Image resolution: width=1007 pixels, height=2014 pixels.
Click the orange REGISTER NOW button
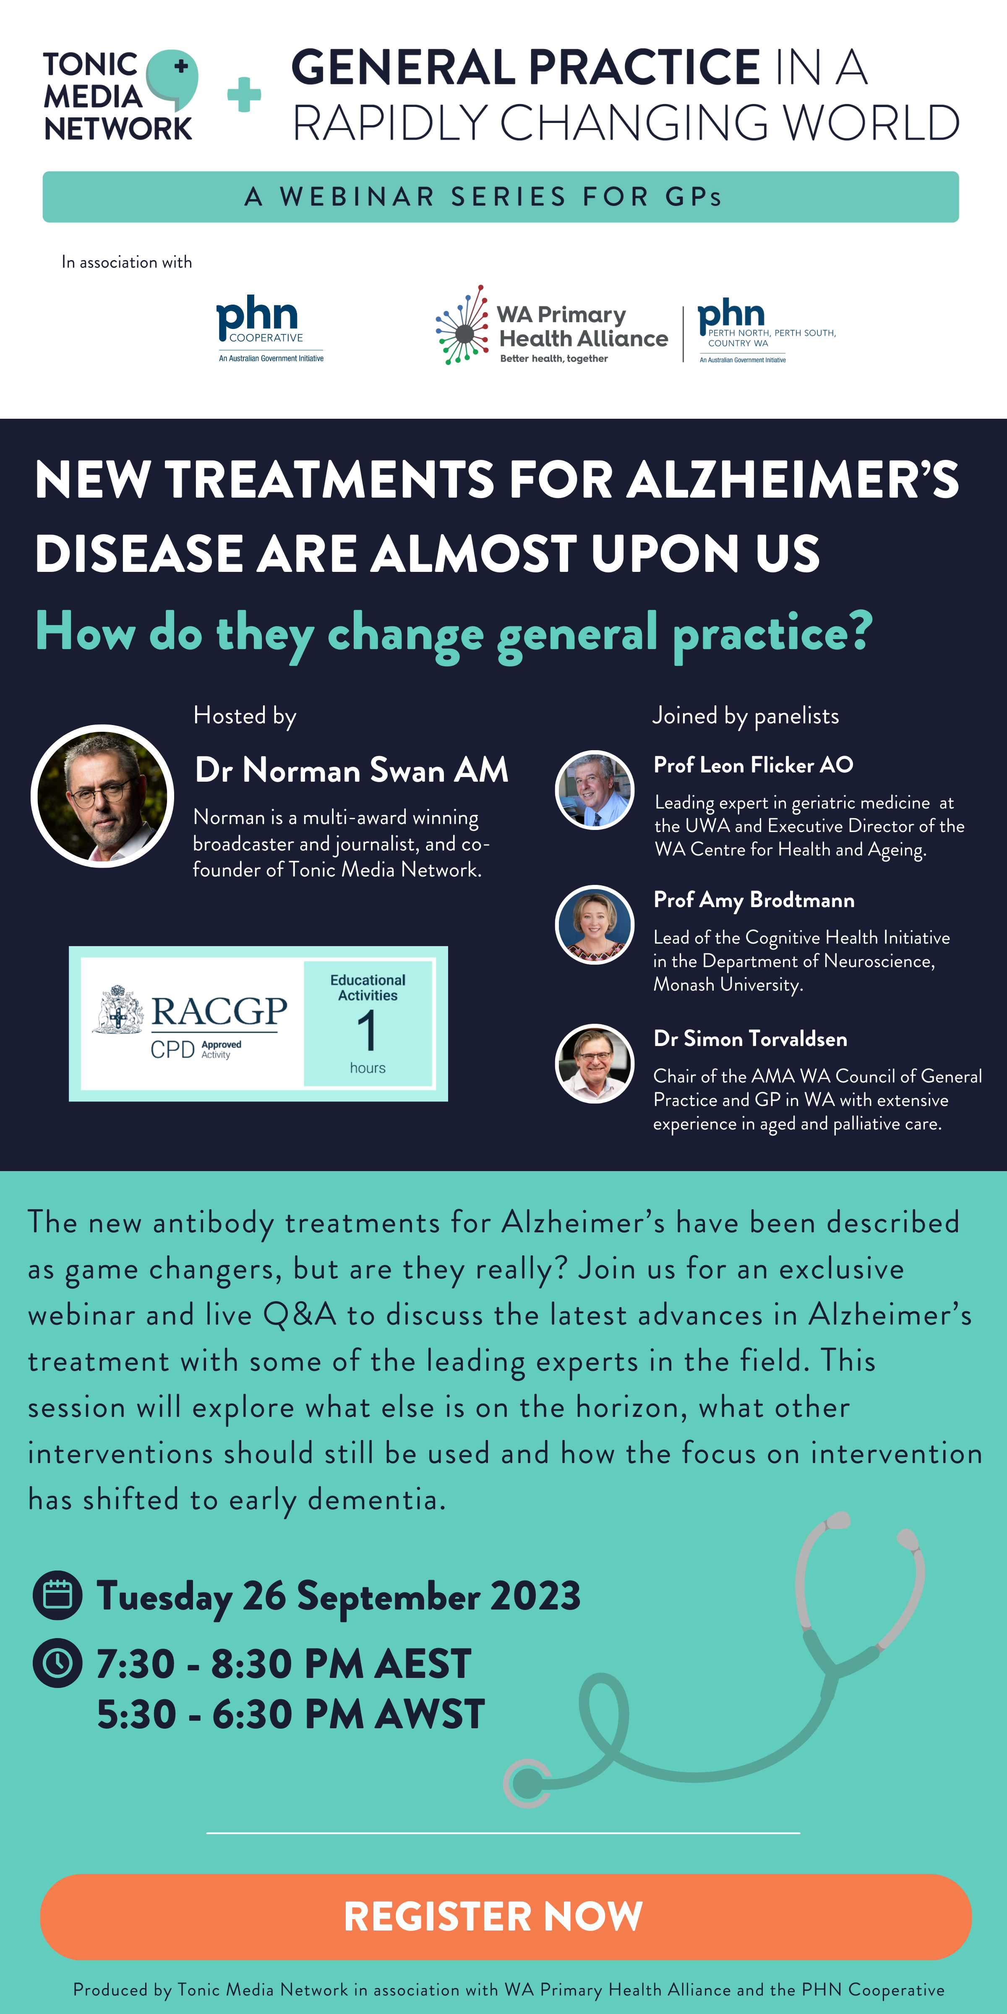[x=506, y=1916]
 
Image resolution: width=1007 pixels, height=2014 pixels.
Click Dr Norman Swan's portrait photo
[x=102, y=796]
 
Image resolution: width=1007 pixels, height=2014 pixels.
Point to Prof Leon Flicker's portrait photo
[x=594, y=790]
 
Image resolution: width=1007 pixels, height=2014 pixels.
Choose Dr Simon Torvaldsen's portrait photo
[x=594, y=1063]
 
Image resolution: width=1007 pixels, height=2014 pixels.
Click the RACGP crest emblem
[x=118, y=1010]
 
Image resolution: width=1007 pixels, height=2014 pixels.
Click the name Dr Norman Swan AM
[x=352, y=770]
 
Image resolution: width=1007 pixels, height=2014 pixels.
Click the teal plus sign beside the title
[x=244, y=94]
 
